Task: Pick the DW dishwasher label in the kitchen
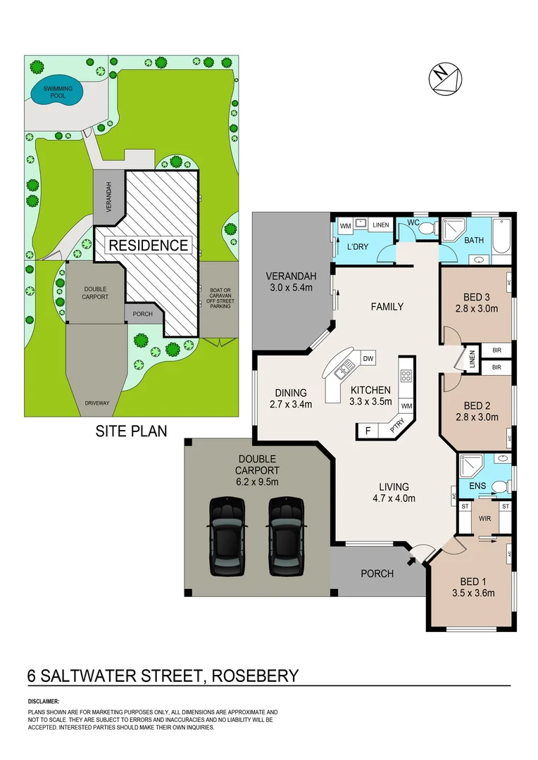pos(368,359)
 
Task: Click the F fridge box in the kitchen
pos(367,430)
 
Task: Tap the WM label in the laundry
pos(346,225)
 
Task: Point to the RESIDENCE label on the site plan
pos(148,245)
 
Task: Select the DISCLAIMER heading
pos(44,702)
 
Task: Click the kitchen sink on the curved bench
pos(346,367)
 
